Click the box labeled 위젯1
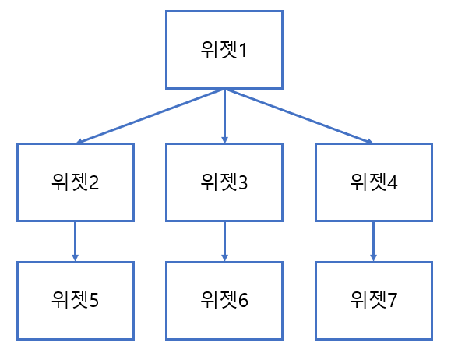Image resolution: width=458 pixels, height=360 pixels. pyautogui.click(x=224, y=50)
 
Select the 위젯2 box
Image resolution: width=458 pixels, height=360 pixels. pyautogui.click(x=75, y=182)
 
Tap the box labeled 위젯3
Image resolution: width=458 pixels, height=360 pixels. pyautogui.click(x=224, y=182)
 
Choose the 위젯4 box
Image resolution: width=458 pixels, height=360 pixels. pyautogui.click(x=374, y=182)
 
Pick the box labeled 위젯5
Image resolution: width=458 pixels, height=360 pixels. pyautogui.click(x=75, y=300)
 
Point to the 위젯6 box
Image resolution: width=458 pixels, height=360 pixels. pyautogui.click(x=224, y=300)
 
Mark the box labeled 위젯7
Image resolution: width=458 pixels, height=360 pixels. pyautogui.click(x=374, y=300)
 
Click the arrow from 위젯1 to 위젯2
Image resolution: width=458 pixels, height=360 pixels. pyautogui.click(x=152, y=116)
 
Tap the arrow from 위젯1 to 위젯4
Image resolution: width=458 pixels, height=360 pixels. pyautogui.click(x=298, y=116)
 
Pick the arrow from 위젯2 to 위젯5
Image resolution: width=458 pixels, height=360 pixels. pyautogui.click(x=75, y=241)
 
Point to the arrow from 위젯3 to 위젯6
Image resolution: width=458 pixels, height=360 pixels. pyautogui.click(x=224, y=241)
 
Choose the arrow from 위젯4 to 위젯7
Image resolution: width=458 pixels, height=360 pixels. pyautogui.click(x=374, y=241)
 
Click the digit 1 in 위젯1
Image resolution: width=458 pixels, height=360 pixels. pyautogui.click(x=242, y=51)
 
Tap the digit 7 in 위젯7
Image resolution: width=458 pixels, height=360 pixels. pyautogui.click(x=392, y=301)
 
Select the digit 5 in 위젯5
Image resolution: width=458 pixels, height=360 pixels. pyautogui.click(x=93, y=301)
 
